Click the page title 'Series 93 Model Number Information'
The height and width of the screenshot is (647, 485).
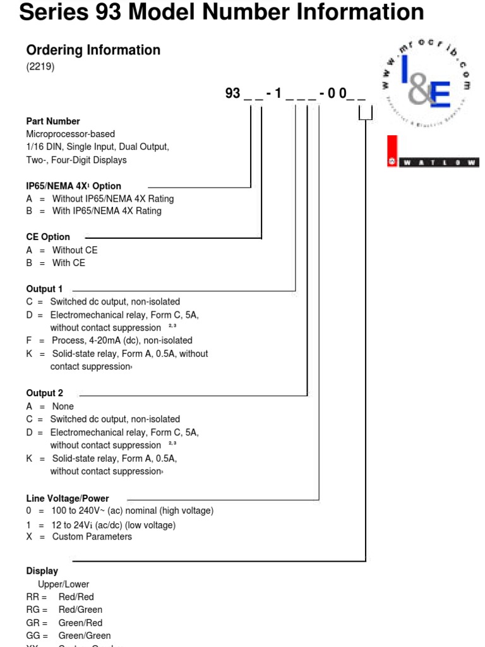click(222, 12)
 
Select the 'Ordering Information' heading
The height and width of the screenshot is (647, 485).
click(93, 50)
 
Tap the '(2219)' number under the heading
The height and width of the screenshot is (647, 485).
click(40, 67)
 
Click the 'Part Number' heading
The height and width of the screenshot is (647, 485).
click(53, 121)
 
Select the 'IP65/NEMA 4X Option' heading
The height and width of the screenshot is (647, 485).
click(73, 186)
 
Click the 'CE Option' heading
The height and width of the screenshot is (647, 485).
click(48, 237)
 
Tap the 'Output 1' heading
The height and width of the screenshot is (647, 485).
click(44, 289)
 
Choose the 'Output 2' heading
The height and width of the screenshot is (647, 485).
click(44, 393)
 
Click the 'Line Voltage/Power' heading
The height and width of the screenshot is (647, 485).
click(68, 499)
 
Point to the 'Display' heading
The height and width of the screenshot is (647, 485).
click(42, 571)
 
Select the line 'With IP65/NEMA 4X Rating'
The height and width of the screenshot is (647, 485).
click(107, 211)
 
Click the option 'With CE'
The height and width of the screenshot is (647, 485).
click(68, 263)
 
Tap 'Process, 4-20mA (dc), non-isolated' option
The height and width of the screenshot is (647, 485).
click(122, 341)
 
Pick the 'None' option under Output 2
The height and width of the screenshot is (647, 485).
click(63, 406)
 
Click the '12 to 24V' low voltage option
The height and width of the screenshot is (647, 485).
click(114, 524)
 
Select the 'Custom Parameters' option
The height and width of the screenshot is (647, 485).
click(92, 536)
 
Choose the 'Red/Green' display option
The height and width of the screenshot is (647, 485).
click(80, 610)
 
